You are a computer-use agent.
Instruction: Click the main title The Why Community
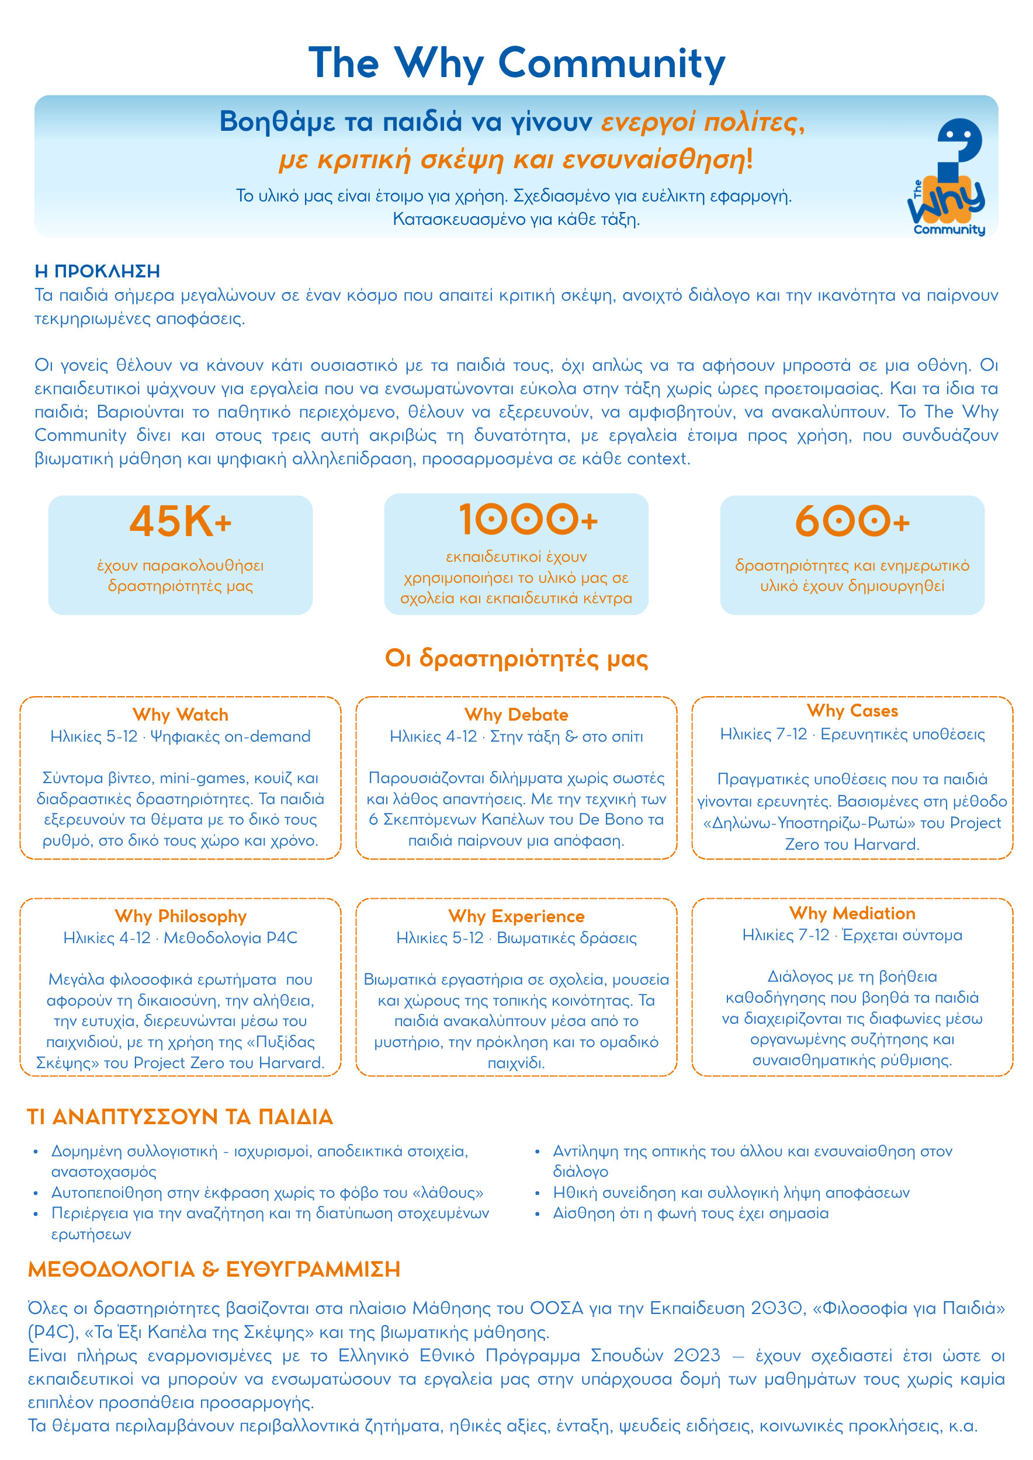tap(516, 64)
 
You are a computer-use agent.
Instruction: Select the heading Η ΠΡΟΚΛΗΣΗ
tap(98, 272)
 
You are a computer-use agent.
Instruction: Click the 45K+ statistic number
tap(180, 522)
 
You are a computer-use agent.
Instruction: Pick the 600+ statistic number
tap(852, 522)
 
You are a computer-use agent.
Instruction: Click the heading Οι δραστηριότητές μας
tap(516, 658)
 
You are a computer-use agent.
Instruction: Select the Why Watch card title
tap(180, 715)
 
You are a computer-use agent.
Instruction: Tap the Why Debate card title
tap(516, 715)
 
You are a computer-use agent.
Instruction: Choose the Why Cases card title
tap(852, 711)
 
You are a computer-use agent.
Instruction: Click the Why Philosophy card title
tap(180, 916)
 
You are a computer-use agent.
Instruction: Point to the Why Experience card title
tap(516, 916)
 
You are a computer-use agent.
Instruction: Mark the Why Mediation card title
tap(852, 914)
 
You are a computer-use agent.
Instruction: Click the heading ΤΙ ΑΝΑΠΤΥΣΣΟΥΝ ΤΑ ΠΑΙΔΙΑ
tap(180, 1117)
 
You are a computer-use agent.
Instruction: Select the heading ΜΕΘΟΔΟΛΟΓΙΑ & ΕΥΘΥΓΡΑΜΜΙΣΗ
tap(214, 1269)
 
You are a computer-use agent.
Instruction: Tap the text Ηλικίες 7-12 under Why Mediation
tap(786, 936)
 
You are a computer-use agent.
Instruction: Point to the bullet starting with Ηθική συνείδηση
tap(731, 1193)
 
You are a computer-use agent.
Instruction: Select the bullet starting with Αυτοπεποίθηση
tap(267, 1193)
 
